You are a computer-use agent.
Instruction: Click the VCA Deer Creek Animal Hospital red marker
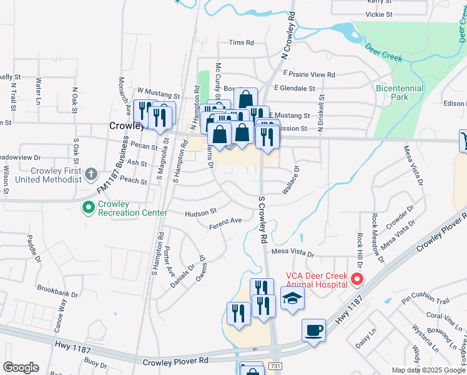[357, 279]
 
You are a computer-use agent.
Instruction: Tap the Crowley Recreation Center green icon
[87, 206]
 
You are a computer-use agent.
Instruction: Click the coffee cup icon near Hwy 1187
[313, 329]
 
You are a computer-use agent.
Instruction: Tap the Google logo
[21, 367]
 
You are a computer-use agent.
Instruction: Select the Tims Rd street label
[242, 42]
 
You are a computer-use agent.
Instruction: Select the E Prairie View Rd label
[304, 74]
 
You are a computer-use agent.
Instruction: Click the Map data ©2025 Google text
[428, 370]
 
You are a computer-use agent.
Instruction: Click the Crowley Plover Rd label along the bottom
[175, 361]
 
